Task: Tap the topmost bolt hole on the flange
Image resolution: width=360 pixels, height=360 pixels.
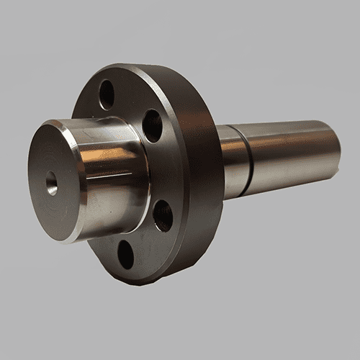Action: tap(107, 94)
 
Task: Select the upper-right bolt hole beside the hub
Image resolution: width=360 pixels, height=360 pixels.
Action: tap(153, 125)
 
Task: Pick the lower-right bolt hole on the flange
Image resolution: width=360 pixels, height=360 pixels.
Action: tap(163, 215)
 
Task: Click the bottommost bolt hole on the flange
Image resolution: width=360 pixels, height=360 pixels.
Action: tap(126, 253)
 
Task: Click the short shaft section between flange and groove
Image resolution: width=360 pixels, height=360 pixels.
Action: tap(230, 162)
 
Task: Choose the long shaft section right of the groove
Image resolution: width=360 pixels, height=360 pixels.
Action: tap(288, 155)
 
